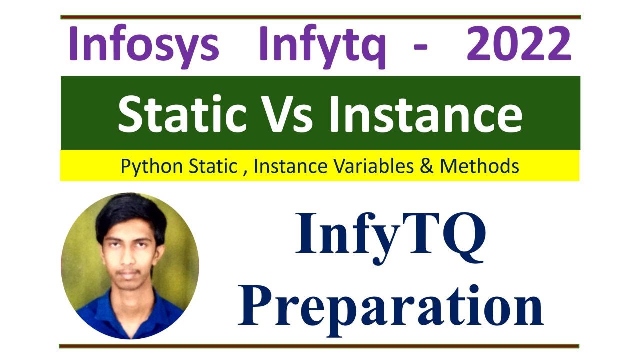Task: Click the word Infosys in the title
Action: [143, 44]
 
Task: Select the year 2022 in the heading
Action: [519, 44]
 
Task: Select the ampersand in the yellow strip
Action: [428, 166]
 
